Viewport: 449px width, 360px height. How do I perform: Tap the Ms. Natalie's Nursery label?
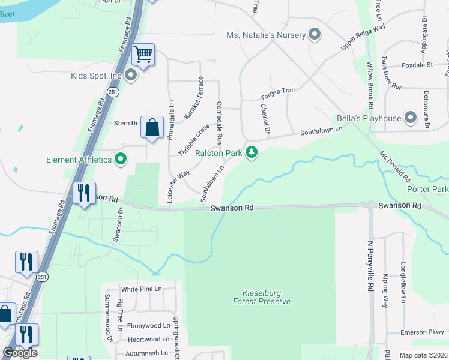pyautogui.click(x=266, y=35)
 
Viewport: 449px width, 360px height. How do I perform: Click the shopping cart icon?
pyautogui.click(x=143, y=55)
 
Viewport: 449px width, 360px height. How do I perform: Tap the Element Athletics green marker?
pyautogui.click(x=121, y=160)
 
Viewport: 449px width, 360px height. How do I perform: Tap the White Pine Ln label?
pyautogui.click(x=142, y=289)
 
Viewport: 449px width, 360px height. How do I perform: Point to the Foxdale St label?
pyautogui.click(x=417, y=65)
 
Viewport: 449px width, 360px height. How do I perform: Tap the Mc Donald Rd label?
pyautogui.click(x=394, y=166)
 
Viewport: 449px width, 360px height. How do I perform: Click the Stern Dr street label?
pyautogui.click(x=126, y=123)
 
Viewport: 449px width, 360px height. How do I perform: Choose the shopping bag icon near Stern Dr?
pyautogui.click(x=152, y=128)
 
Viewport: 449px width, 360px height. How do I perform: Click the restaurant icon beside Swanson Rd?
pyautogui.click(x=83, y=193)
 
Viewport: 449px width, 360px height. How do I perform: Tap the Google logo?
pyautogui.click(x=20, y=353)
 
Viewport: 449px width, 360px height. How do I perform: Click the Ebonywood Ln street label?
pyautogui.click(x=149, y=326)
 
